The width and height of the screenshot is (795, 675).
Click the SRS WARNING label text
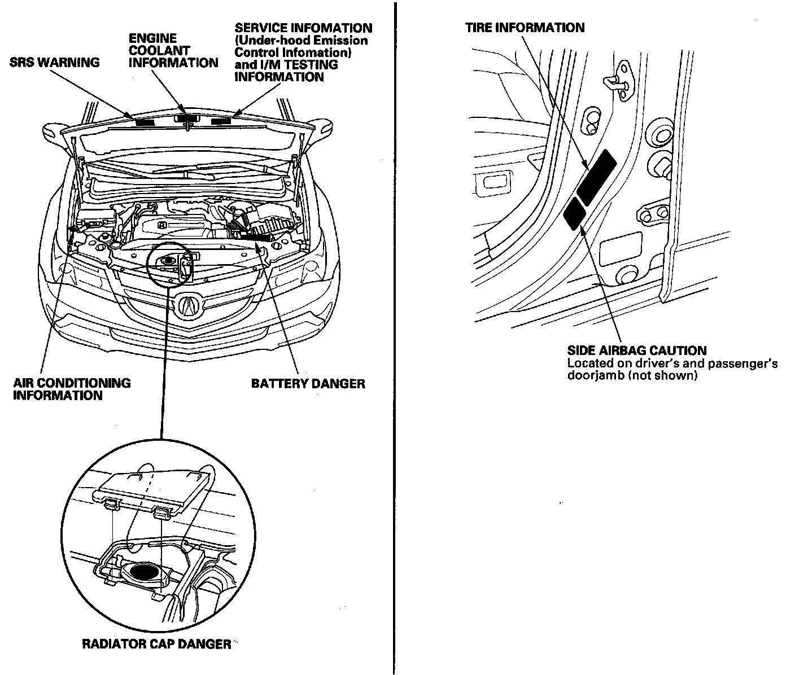click(54, 62)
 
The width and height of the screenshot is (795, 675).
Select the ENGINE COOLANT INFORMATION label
click(173, 50)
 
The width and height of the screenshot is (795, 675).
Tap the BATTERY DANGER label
click(308, 384)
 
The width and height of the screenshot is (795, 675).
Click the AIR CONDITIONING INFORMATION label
click(72, 389)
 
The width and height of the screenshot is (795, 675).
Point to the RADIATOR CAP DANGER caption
click(156, 644)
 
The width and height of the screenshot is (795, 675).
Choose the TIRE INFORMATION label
click(525, 27)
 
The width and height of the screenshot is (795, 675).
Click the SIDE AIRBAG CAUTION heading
click(636, 350)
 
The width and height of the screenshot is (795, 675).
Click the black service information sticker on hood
click(222, 121)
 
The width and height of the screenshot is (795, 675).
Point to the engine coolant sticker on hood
click(186, 119)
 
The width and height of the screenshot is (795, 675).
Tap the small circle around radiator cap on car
click(168, 264)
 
